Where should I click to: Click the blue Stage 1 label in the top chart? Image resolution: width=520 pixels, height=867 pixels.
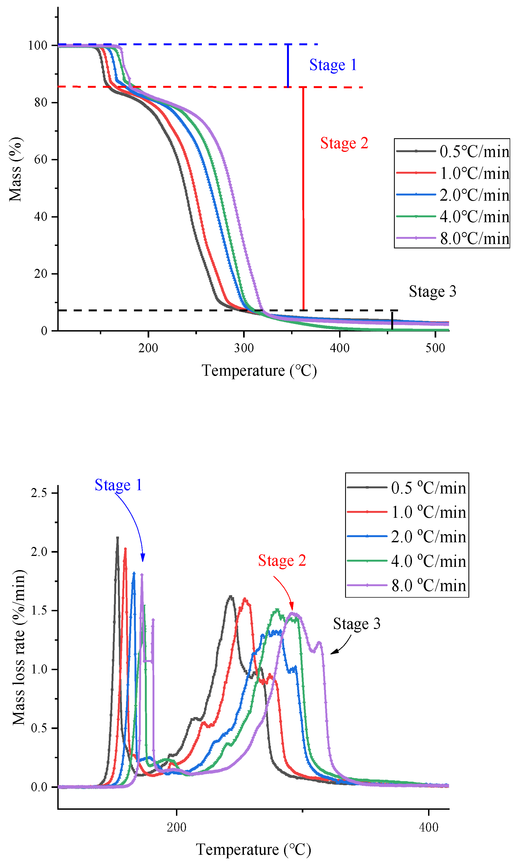coord(333,65)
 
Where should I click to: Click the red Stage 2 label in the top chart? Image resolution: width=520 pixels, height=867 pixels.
coord(344,143)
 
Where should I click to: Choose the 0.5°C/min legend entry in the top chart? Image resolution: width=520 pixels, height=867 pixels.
coord(452,151)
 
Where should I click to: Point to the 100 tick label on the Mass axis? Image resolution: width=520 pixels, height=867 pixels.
coord(37,46)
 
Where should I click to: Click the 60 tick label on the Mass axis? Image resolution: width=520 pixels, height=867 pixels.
coord(41,160)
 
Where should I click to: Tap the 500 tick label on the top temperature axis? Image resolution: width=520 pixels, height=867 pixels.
coord(435,348)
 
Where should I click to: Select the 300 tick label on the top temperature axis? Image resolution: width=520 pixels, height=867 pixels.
coord(244,348)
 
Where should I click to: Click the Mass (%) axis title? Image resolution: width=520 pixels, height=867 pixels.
coord(16,170)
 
